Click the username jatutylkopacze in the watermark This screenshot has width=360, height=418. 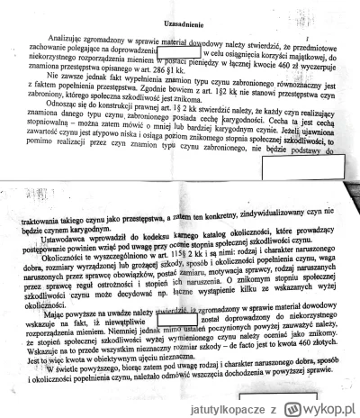pos(260,407)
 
